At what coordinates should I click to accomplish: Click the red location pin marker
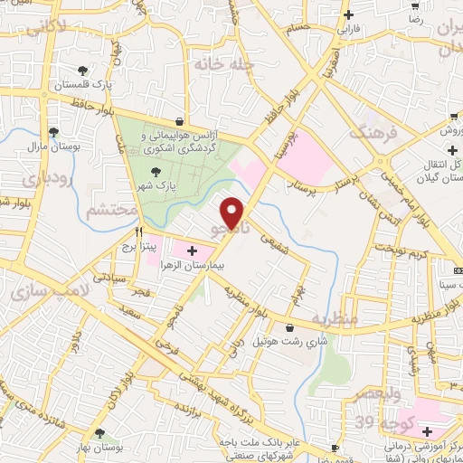[233, 212]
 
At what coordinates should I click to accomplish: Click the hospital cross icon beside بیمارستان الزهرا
[192, 250]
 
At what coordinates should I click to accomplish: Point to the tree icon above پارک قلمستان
[83, 70]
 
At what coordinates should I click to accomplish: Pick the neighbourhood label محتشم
[112, 210]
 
